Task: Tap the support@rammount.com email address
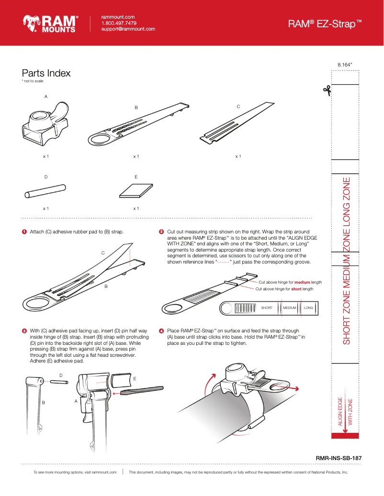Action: [x=128, y=29]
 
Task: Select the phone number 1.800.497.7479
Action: [x=119, y=23]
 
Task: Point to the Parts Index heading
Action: [x=46, y=73]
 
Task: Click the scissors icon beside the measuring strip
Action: [x=327, y=90]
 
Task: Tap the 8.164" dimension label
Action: [x=345, y=64]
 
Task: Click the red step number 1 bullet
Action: [x=24, y=232]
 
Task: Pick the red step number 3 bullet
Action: [x=24, y=331]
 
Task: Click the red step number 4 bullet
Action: [x=161, y=331]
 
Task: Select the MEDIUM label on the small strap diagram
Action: [x=290, y=308]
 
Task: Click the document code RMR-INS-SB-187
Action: [x=339, y=458]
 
